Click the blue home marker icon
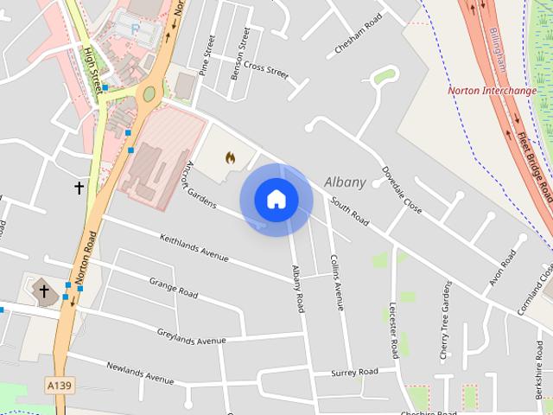pos(276,200)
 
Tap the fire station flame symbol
pos(230,157)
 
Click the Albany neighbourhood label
pos(345,182)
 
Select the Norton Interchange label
pos(492,91)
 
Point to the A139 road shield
pos(59,385)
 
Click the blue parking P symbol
pos(134,29)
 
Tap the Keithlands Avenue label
pos(194,247)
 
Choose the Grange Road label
pos(174,286)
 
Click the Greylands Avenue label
pos(191,336)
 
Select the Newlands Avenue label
pos(140,373)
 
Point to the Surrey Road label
pos(354,373)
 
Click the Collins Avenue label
pos(337,282)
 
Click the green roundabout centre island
pos(149,93)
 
